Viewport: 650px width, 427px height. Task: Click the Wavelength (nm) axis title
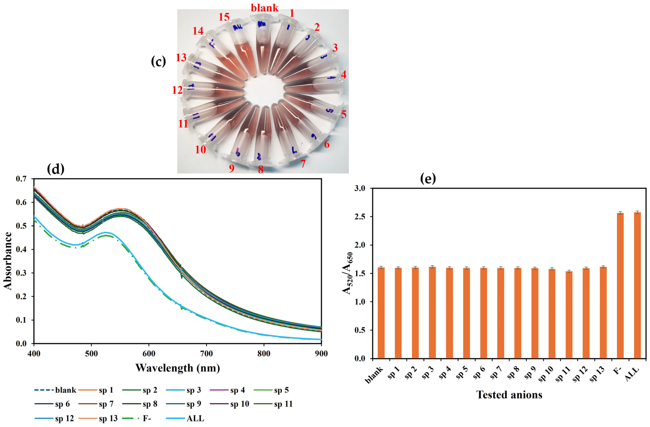pos(178,368)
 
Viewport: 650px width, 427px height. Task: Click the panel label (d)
pos(55,169)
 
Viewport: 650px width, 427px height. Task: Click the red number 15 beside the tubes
pos(224,17)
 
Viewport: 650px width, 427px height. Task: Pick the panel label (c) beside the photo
pos(158,62)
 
